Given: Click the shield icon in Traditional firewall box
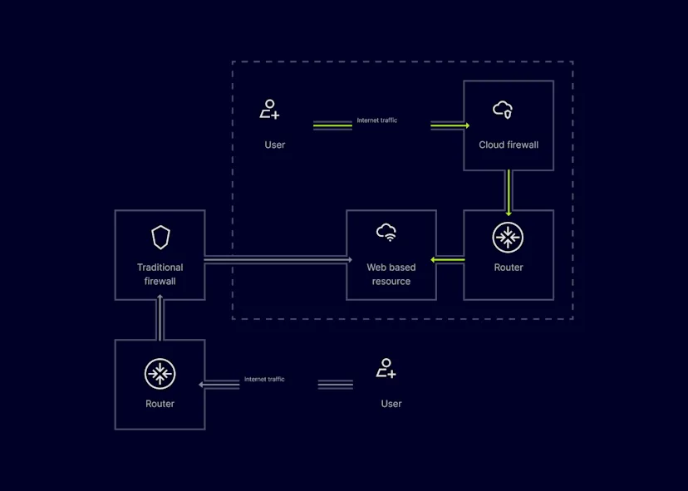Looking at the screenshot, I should pyautogui.click(x=160, y=238).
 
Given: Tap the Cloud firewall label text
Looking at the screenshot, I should pyautogui.click(x=509, y=145).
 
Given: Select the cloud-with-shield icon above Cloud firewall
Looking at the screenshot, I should pyautogui.click(x=503, y=109).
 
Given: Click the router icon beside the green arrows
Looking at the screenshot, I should pyautogui.click(x=508, y=238).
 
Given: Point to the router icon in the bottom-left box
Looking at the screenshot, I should pyautogui.click(x=160, y=374).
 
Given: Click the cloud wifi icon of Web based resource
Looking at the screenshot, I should pyautogui.click(x=386, y=232).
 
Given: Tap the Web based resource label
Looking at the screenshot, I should pyautogui.click(x=391, y=274).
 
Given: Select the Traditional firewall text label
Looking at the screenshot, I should pyautogui.click(x=160, y=274).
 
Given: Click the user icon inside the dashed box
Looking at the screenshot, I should pyautogui.click(x=269, y=109).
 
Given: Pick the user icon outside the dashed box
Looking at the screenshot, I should pyautogui.click(x=386, y=368).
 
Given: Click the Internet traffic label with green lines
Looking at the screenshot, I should pyautogui.click(x=377, y=120).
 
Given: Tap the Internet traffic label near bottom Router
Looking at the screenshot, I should pyautogui.click(x=264, y=380).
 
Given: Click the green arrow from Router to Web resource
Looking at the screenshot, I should pyautogui.click(x=450, y=260).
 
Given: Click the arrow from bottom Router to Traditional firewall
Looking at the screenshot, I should pyautogui.click(x=160, y=317).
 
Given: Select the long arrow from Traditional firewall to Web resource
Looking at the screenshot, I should pyautogui.click(x=274, y=260).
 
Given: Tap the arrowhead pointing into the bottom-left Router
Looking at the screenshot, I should pyautogui.click(x=202, y=385).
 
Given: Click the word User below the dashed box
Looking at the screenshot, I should pyautogui.click(x=391, y=404).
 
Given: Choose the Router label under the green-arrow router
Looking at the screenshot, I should pyautogui.click(x=509, y=268).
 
